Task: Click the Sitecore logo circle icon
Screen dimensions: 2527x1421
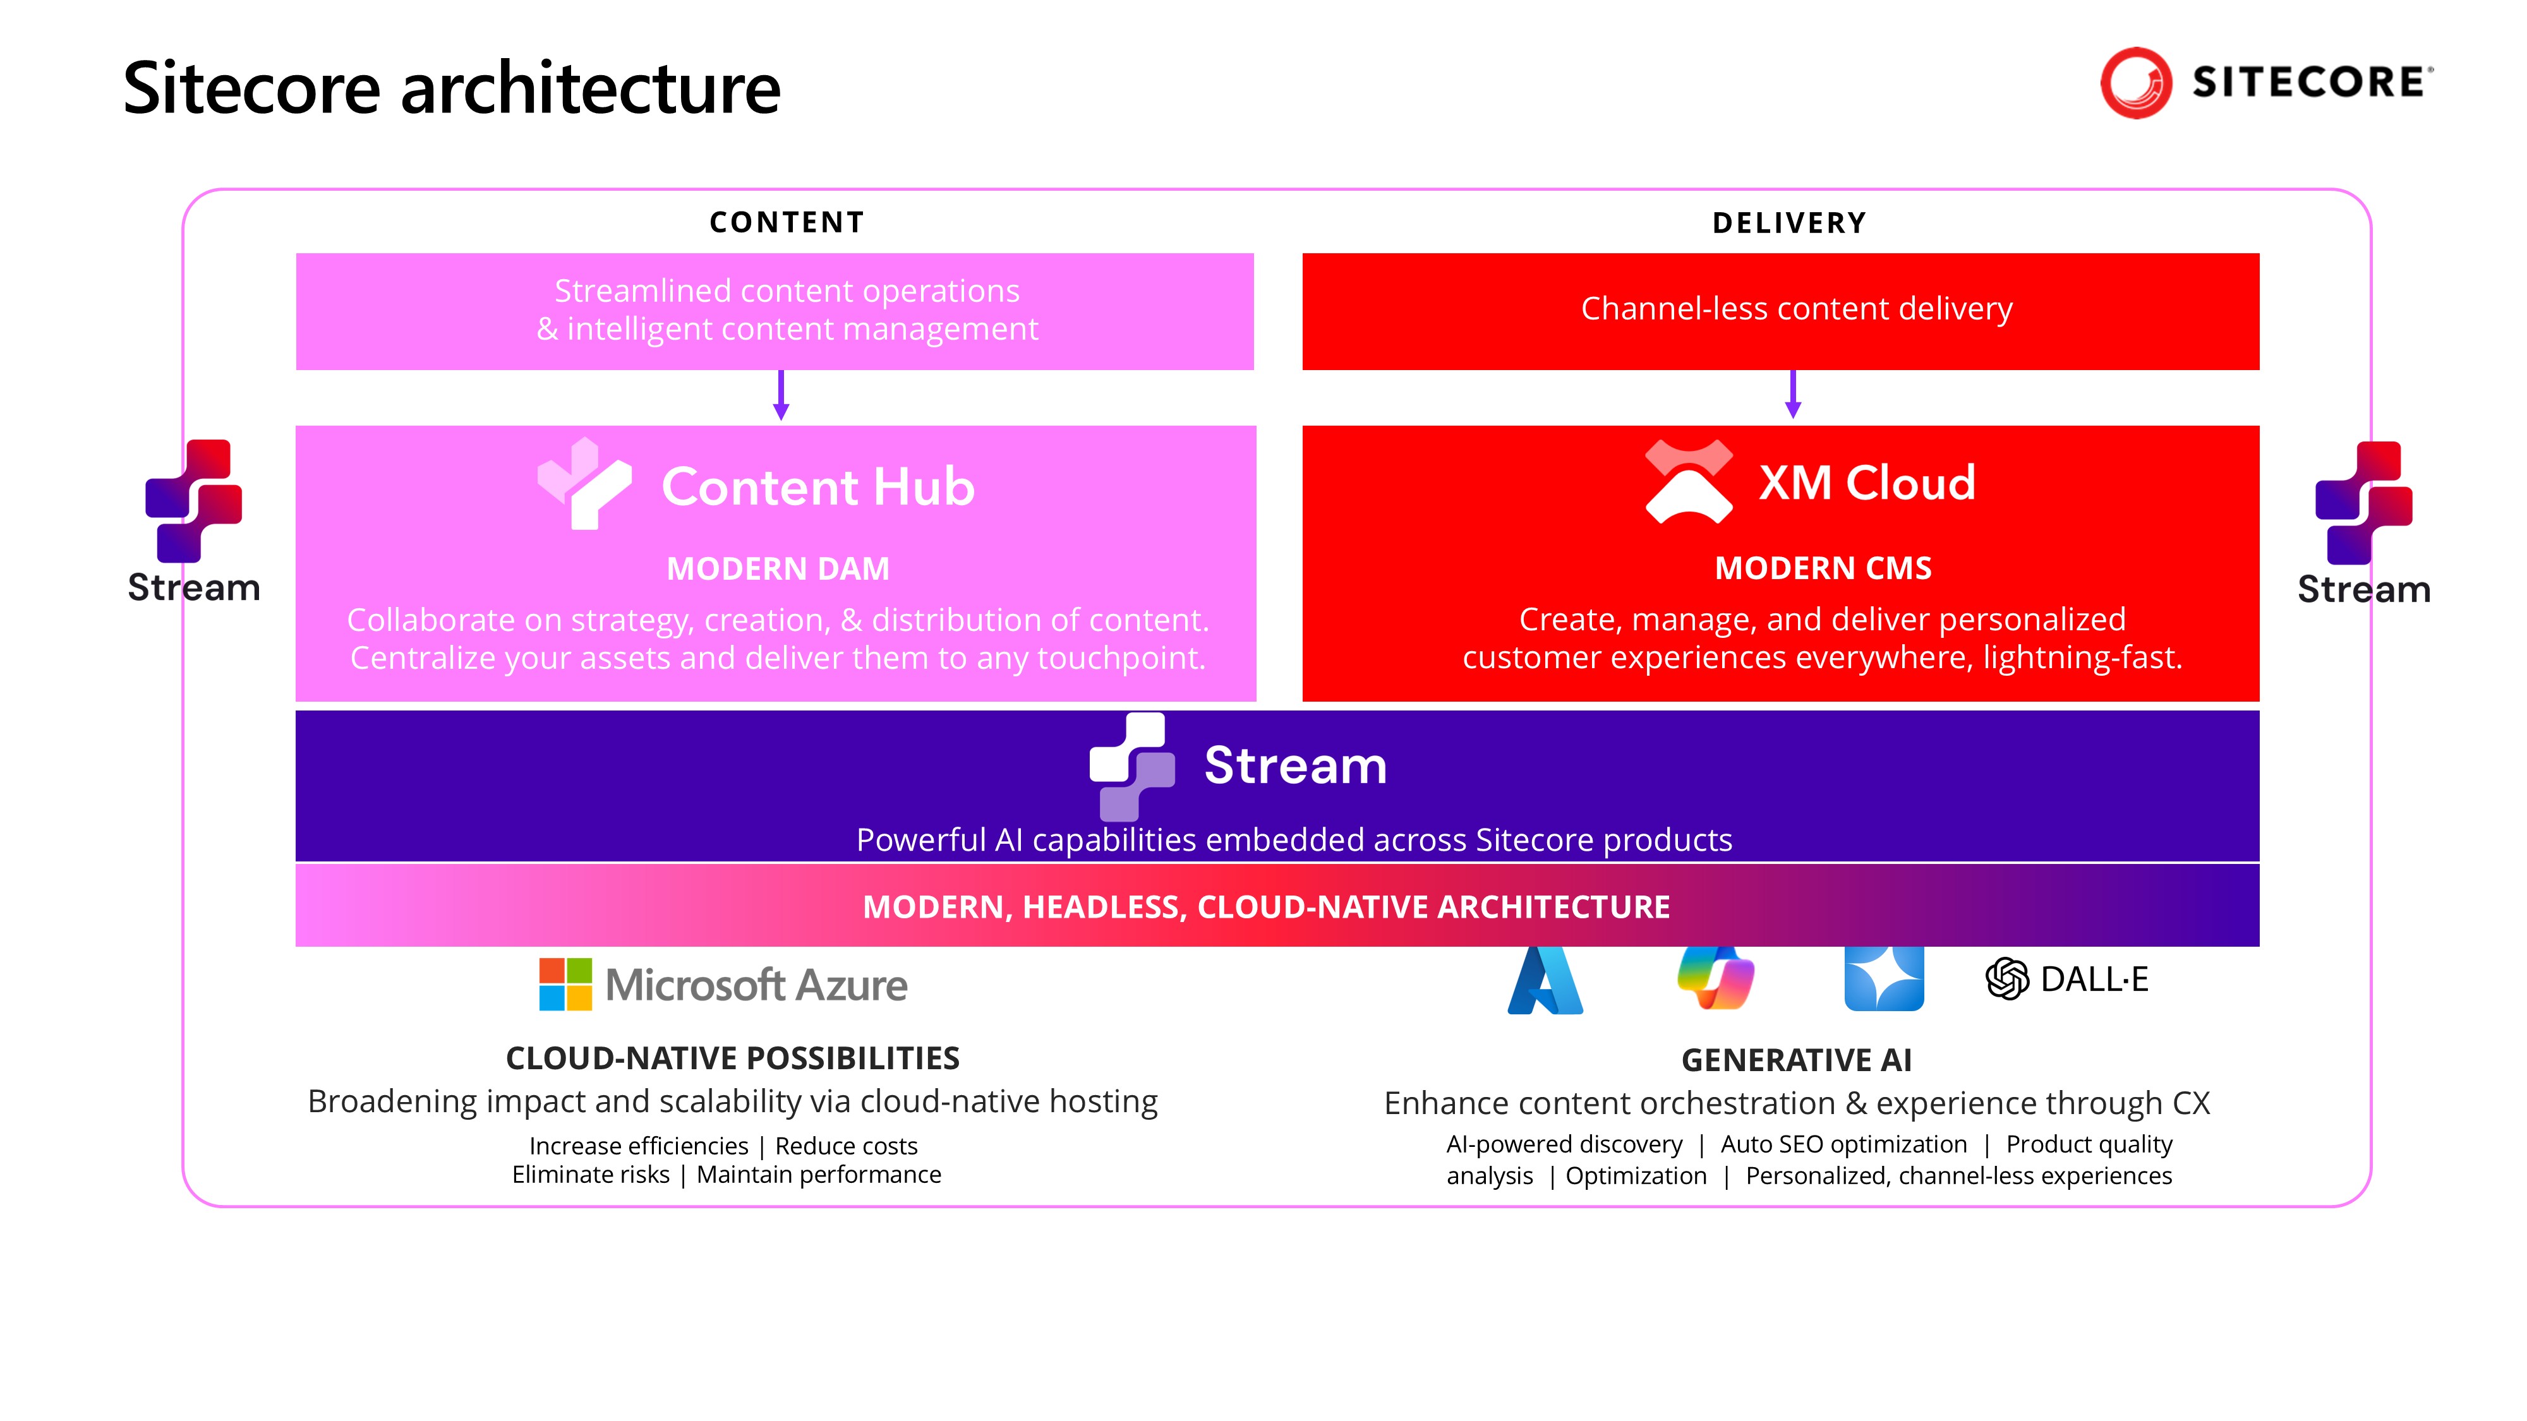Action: click(2135, 83)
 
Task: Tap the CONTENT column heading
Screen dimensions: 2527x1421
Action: click(787, 222)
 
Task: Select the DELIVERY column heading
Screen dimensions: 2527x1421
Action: click(1789, 224)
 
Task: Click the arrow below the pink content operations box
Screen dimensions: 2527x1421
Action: click(781, 395)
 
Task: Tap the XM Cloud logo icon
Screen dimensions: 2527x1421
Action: click(1688, 481)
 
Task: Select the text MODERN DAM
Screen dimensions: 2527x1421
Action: click(778, 569)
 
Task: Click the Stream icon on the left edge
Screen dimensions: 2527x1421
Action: click(193, 500)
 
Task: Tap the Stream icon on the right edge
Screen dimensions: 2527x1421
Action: click(2363, 503)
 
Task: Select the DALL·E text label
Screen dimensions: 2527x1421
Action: click(2094, 979)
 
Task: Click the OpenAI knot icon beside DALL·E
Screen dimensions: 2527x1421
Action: click(2007, 979)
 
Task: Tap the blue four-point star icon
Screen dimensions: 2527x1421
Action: click(1883, 979)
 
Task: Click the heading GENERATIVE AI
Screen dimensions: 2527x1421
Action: click(1796, 1060)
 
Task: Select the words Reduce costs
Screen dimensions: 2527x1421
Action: click(846, 1146)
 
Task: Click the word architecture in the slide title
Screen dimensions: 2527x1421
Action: click(591, 88)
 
